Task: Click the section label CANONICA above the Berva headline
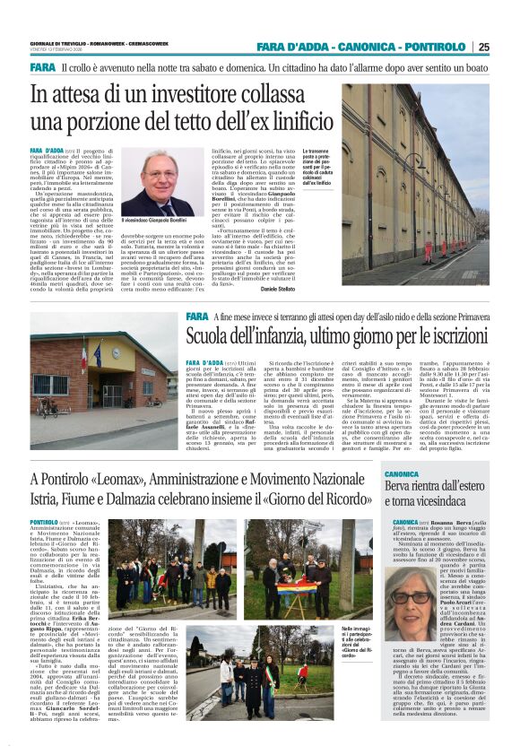click(401, 473)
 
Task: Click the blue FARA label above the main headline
click(42, 68)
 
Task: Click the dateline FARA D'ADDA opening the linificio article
click(47, 152)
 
